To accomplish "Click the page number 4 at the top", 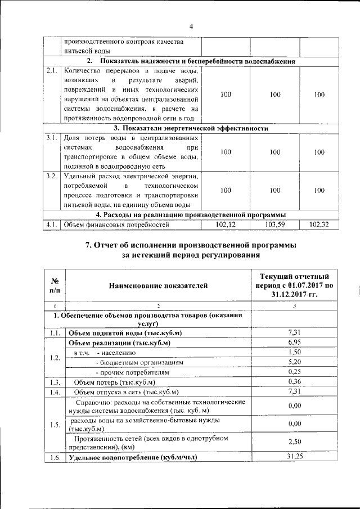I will click(191, 26).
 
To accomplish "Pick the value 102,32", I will click(319, 225).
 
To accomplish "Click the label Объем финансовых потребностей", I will click(116, 226).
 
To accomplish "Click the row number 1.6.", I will click(55, 458).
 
